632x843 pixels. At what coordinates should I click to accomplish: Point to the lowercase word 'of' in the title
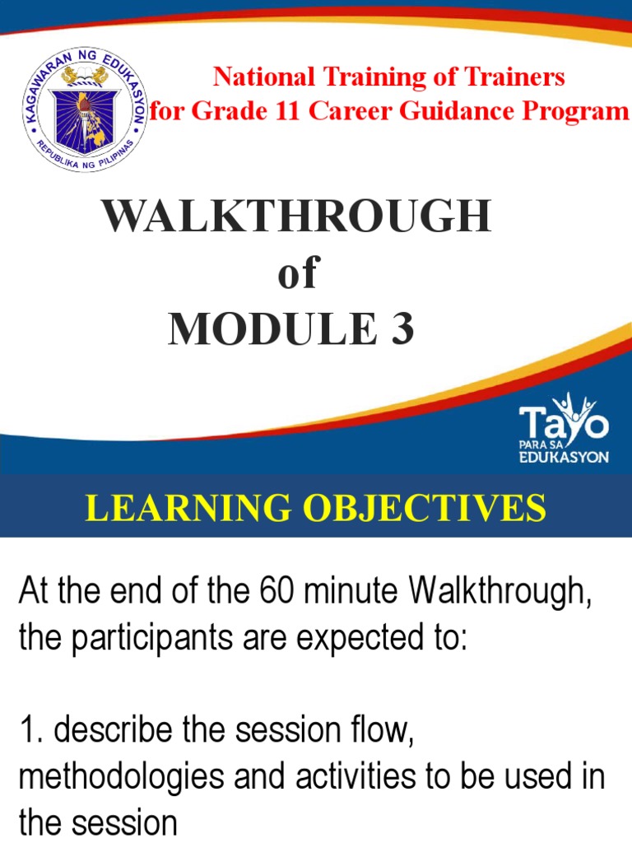[x=297, y=275]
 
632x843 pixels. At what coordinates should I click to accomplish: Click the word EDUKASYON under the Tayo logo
[x=564, y=458]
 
